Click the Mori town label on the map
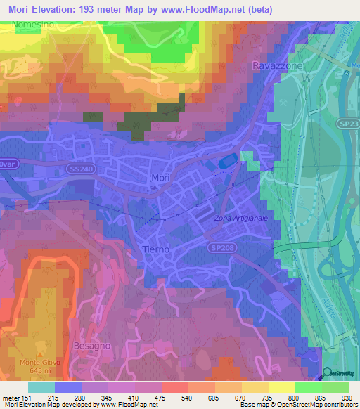160,178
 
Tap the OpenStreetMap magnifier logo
328,373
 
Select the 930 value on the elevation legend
348,398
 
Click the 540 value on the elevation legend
185,398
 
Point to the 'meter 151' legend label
15,398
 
